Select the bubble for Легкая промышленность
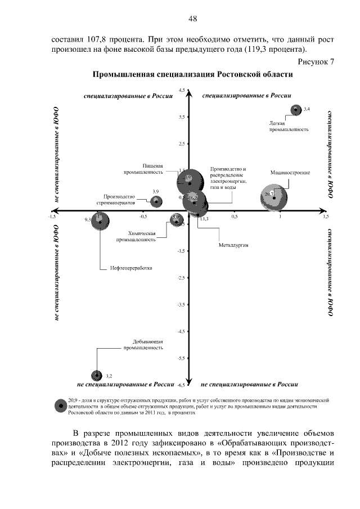tap(294, 110)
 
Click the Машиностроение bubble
tap(274, 197)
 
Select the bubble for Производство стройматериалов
tap(156, 201)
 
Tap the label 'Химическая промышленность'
tap(136, 236)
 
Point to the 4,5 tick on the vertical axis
tap(182, 90)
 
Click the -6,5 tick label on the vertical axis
tap(181, 386)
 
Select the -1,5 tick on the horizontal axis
tap(52, 216)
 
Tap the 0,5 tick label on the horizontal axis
tap(235, 216)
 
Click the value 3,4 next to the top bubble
tap(307, 108)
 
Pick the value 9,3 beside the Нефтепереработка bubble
tap(88, 219)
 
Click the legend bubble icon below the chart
tap(58, 406)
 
